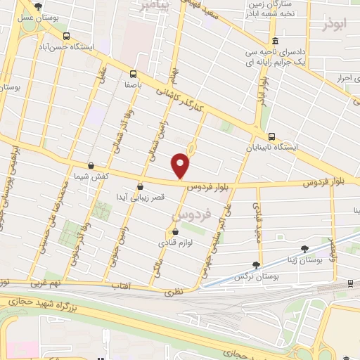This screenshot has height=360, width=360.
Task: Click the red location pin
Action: click(x=181, y=166)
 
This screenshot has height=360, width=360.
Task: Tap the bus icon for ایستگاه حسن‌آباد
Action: click(x=66, y=36)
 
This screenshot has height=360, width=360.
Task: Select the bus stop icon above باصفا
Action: click(x=133, y=72)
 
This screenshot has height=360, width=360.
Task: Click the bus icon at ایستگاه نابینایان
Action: click(x=271, y=136)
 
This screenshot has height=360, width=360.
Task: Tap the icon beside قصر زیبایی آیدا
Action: click(x=141, y=187)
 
